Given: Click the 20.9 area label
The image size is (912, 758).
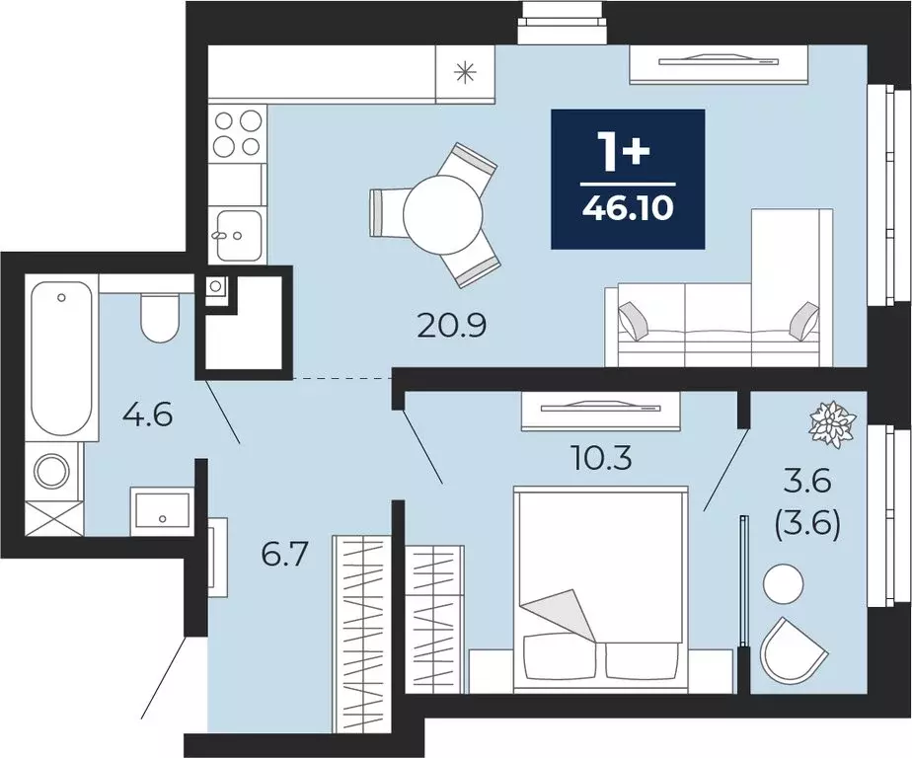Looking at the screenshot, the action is (x=452, y=327).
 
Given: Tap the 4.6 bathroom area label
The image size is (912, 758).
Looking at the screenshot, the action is (x=148, y=416).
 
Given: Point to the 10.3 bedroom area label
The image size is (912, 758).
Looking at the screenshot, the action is (x=600, y=458).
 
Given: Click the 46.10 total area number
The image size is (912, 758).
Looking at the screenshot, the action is (x=628, y=208).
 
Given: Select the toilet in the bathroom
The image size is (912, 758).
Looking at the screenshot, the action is (x=159, y=318).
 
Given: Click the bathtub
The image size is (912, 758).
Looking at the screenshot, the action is (x=61, y=356).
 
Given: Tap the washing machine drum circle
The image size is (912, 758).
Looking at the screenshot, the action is (x=53, y=471).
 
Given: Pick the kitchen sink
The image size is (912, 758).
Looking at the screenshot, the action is (x=239, y=235).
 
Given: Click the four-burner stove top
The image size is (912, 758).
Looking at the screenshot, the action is (x=237, y=134).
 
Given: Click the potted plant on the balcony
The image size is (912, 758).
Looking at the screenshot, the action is (x=834, y=424).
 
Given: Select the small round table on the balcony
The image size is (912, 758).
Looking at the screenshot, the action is (x=783, y=584).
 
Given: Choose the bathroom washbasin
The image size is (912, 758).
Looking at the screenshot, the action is (x=162, y=511).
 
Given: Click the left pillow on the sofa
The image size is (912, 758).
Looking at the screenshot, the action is (x=634, y=321).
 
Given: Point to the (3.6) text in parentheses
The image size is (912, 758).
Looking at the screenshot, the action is (x=808, y=526).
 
